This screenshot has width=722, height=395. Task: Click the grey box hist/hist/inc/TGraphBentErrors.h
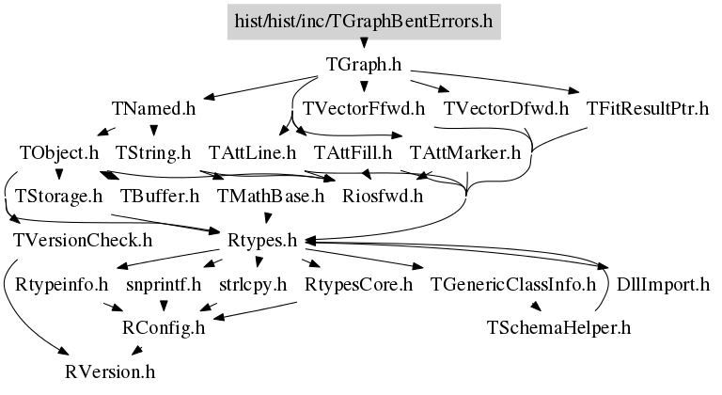coord(364,22)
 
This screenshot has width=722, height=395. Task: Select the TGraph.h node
coord(364,65)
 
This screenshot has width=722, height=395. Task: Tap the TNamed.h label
coord(154,109)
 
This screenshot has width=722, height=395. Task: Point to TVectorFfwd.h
coord(364,109)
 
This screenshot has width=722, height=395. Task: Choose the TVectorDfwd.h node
coord(506,109)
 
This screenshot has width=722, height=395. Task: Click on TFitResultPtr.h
coord(648,109)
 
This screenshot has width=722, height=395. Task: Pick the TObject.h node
coord(59,152)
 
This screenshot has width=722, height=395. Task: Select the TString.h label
coord(153,152)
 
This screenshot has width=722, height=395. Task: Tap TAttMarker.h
coord(465,152)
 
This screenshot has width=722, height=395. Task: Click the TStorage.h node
coord(59,197)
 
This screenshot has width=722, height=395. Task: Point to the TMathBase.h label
coord(271,197)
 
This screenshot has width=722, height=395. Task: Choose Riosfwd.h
coord(383,197)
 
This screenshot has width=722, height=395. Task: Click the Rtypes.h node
coord(262,241)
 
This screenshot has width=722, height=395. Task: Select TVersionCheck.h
coord(83,241)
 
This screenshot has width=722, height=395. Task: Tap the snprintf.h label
coord(164,285)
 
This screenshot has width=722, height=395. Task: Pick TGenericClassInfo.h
coord(513,285)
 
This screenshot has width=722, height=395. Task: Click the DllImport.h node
coord(663,285)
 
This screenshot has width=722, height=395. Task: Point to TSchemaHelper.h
coord(558,328)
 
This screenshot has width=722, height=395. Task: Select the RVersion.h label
coord(110,371)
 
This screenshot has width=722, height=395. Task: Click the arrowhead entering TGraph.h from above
coord(364,43)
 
